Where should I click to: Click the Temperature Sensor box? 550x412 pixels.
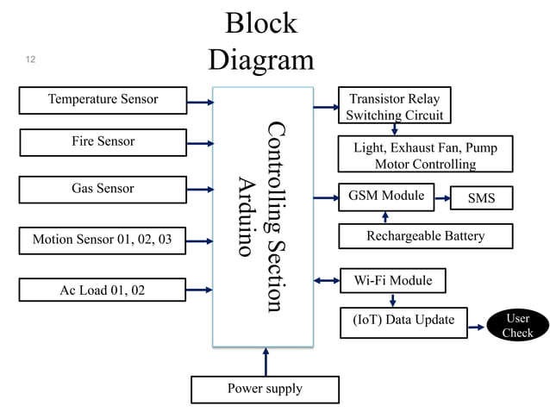click(x=103, y=100)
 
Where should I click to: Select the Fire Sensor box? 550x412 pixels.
click(x=103, y=142)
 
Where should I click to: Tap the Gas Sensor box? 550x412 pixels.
click(x=103, y=190)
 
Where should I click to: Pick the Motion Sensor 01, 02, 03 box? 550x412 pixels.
click(x=103, y=240)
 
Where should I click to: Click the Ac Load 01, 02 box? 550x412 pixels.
click(x=103, y=290)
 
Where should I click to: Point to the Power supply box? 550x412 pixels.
click(x=265, y=390)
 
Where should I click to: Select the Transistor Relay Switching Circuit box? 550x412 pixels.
click(x=392, y=107)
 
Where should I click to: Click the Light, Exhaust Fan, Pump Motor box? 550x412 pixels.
click(x=425, y=156)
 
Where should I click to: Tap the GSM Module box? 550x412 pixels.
click(x=386, y=197)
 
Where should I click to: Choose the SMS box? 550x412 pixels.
click(x=481, y=198)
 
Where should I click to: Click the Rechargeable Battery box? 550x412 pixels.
click(x=426, y=236)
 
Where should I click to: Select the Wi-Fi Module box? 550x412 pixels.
click(x=393, y=281)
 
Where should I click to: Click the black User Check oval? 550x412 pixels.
click(x=517, y=326)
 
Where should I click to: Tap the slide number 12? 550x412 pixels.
click(x=31, y=59)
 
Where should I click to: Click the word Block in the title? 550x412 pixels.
click(x=260, y=23)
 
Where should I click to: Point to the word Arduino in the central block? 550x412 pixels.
click(x=247, y=216)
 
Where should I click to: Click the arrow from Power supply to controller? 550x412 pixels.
click(x=266, y=361)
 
